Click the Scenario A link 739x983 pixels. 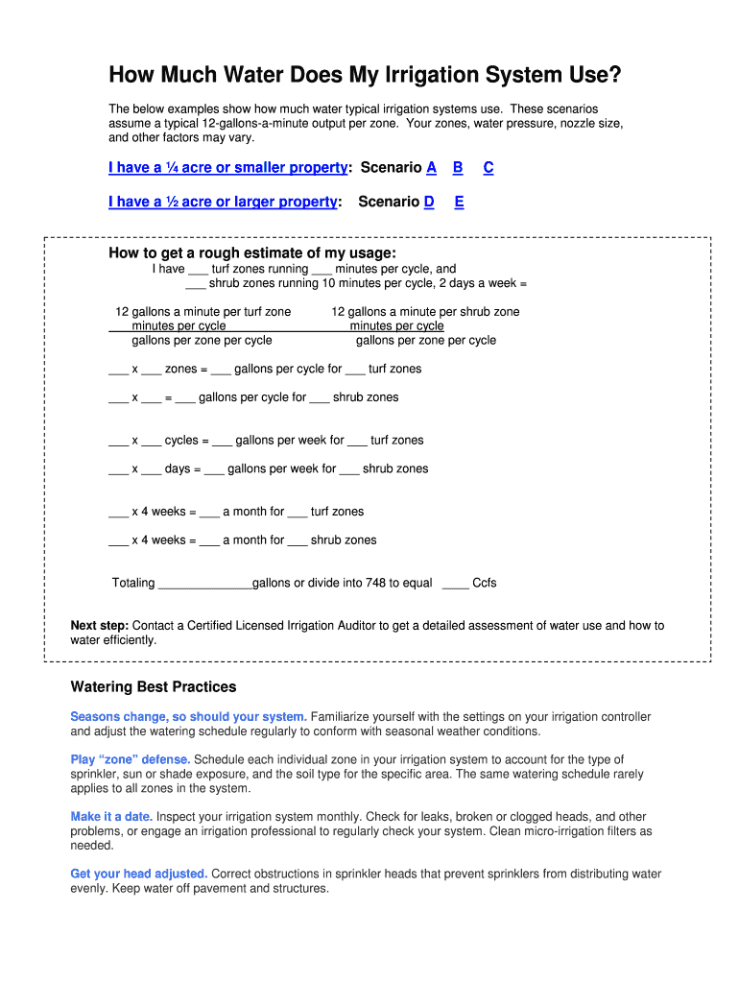click(x=432, y=168)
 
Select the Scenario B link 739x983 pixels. click(x=459, y=168)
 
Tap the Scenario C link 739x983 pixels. click(x=489, y=168)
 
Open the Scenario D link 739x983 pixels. click(x=429, y=202)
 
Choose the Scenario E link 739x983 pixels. click(x=460, y=202)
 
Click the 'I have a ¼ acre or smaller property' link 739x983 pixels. click(x=227, y=168)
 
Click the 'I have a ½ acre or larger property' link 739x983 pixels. click(x=223, y=202)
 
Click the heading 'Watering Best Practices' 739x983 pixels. click(x=154, y=687)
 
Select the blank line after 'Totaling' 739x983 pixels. click(x=204, y=584)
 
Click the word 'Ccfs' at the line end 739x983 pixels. click(x=485, y=583)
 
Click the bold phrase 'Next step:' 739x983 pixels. click(x=100, y=626)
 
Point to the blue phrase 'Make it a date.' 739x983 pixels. click(x=111, y=817)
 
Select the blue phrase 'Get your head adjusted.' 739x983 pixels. click(x=139, y=875)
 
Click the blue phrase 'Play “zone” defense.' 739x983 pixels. click(x=131, y=759)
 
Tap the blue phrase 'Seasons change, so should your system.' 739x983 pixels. click(x=189, y=717)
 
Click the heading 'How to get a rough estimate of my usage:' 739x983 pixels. click(x=252, y=253)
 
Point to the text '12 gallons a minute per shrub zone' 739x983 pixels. click(x=425, y=312)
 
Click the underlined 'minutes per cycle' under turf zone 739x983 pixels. click(x=179, y=326)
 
